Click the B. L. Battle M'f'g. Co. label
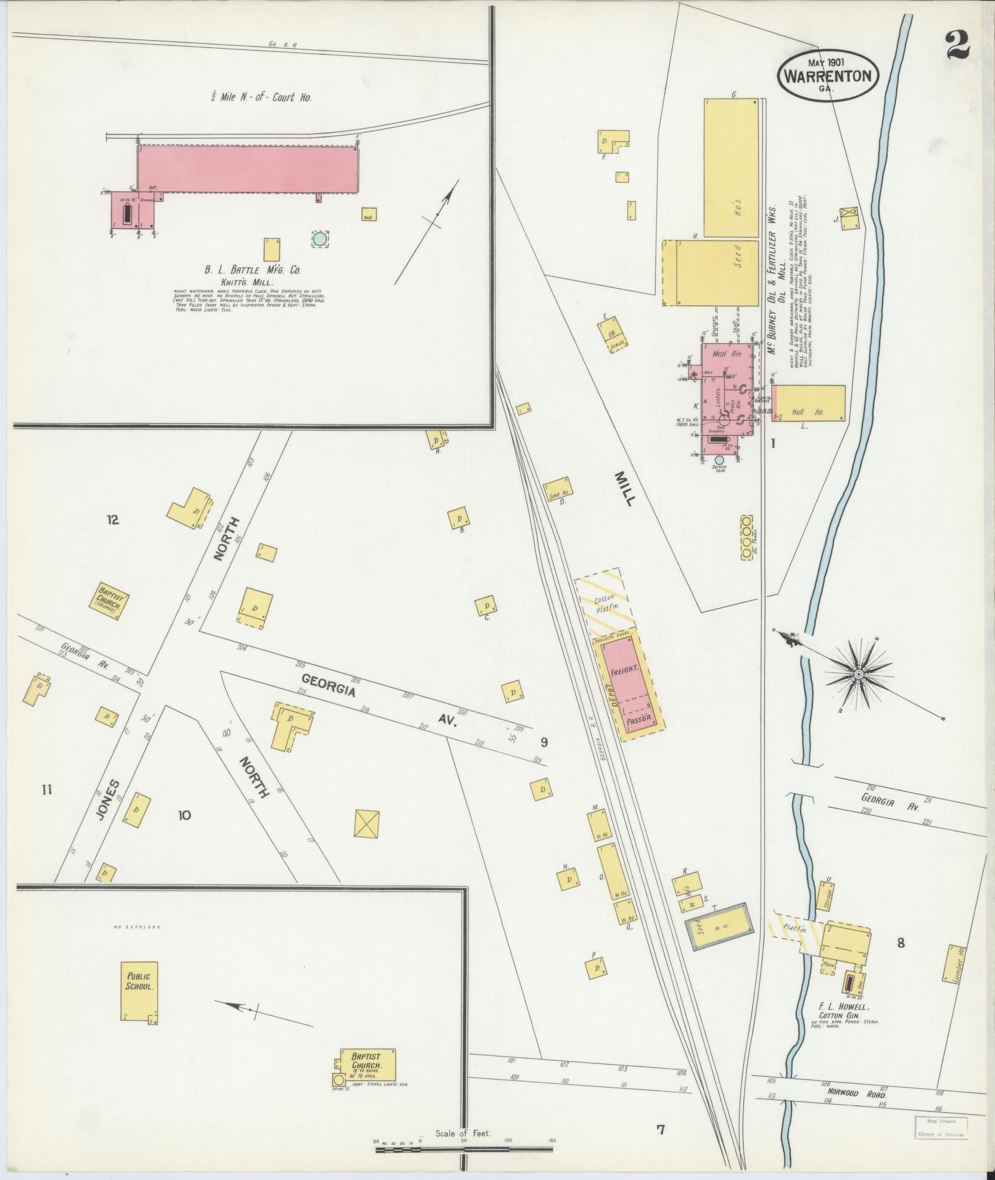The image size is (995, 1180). (252, 270)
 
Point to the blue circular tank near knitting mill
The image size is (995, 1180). (320, 239)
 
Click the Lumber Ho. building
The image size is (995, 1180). (953, 963)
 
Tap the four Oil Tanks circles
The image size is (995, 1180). (746, 537)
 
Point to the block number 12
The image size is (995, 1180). (112, 520)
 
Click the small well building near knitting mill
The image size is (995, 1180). (369, 215)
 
